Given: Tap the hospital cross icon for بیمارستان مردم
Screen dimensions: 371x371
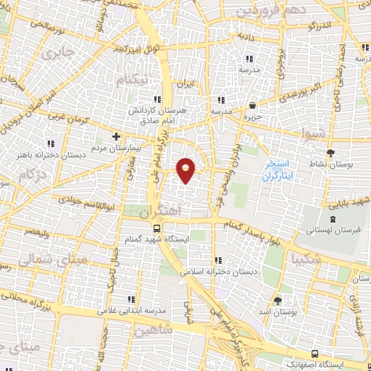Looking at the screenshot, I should [116, 136].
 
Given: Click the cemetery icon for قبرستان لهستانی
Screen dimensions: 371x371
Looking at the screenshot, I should [332, 219].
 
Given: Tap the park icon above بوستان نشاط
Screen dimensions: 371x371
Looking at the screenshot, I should [331, 153].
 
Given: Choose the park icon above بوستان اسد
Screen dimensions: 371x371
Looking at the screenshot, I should [278, 298].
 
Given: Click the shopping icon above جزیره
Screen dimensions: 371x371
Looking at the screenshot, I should [252, 106].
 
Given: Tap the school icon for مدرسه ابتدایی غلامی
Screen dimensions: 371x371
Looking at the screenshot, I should [130, 299].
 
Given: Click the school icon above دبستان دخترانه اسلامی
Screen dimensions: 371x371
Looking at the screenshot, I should [217, 261].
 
